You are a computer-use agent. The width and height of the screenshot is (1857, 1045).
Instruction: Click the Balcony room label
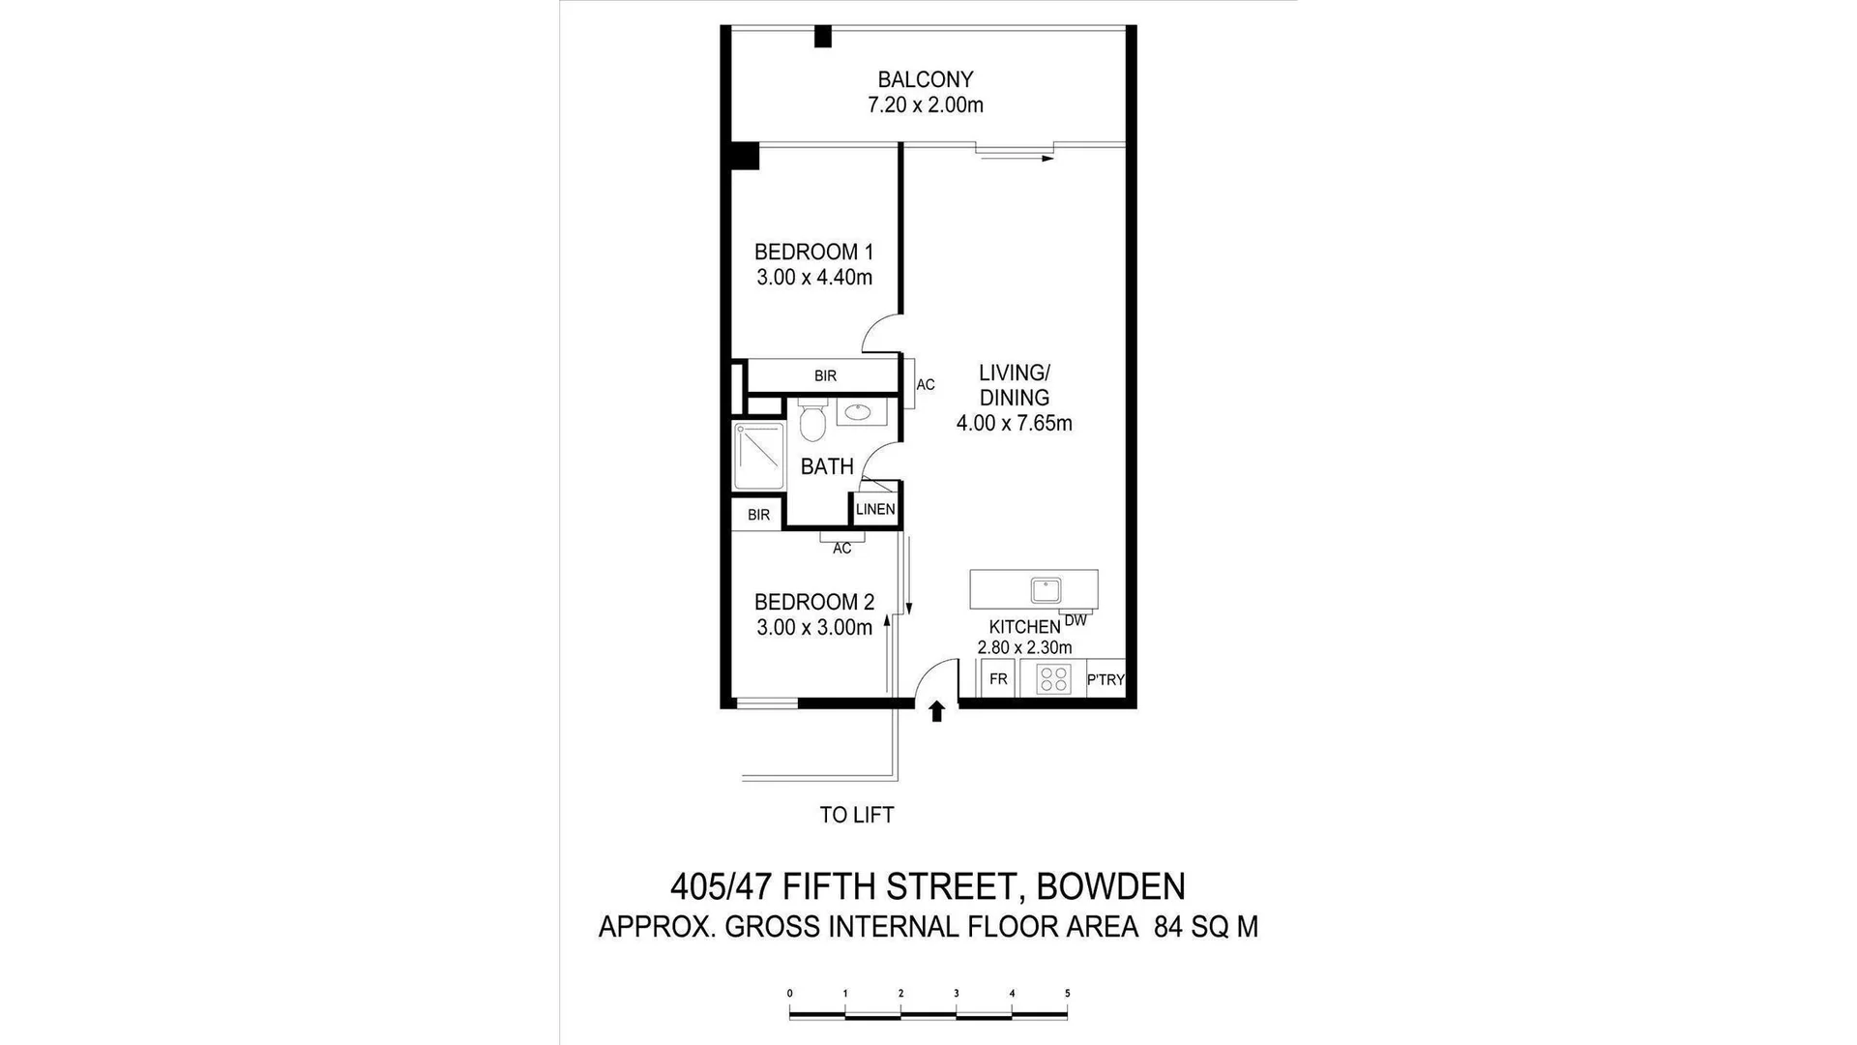pos(925,79)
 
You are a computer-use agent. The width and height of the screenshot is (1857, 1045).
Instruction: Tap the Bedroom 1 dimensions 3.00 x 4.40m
pos(814,278)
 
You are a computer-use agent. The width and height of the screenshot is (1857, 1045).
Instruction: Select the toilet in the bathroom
pos(812,422)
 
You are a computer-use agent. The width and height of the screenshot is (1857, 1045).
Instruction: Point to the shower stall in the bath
pos(758,456)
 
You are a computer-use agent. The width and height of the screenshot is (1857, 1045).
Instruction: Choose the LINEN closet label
pos(875,510)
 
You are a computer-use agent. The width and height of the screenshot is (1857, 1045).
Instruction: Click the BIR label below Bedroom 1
pos(825,375)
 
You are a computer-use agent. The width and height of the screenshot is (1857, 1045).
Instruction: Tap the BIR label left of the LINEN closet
pos(758,515)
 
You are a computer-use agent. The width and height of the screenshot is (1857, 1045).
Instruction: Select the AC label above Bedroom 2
pos(841,549)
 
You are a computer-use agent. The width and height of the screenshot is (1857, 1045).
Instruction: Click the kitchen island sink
pos(1046,589)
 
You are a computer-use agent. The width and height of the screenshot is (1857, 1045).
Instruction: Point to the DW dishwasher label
pos(1076,620)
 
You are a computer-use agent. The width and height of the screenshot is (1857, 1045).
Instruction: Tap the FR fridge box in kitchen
pos(998,679)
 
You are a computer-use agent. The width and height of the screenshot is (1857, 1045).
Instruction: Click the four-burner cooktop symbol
pos(1052,679)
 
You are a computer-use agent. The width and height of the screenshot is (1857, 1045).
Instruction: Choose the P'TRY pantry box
pos(1105,679)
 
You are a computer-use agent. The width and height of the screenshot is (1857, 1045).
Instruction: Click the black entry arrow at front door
pos(936,712)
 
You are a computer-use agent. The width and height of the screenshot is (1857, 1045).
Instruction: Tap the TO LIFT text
pos(856,815)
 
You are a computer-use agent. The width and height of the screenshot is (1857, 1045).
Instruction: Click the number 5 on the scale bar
pos(1067,993)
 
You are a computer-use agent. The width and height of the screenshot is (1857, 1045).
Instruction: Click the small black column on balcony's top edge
pos(823,37)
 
